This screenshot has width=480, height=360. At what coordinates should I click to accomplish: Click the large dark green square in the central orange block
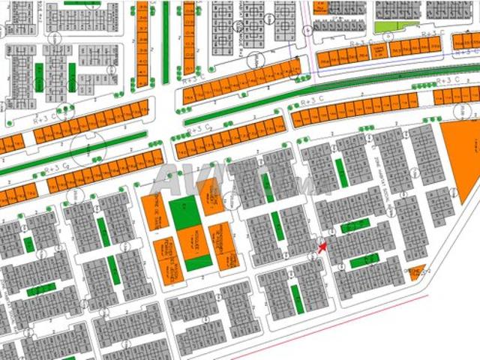(x=184, y=214)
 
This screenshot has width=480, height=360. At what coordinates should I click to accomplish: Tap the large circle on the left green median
(x=88, y=149)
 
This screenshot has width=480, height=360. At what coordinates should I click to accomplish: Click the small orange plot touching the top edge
(x=321, y=5)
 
